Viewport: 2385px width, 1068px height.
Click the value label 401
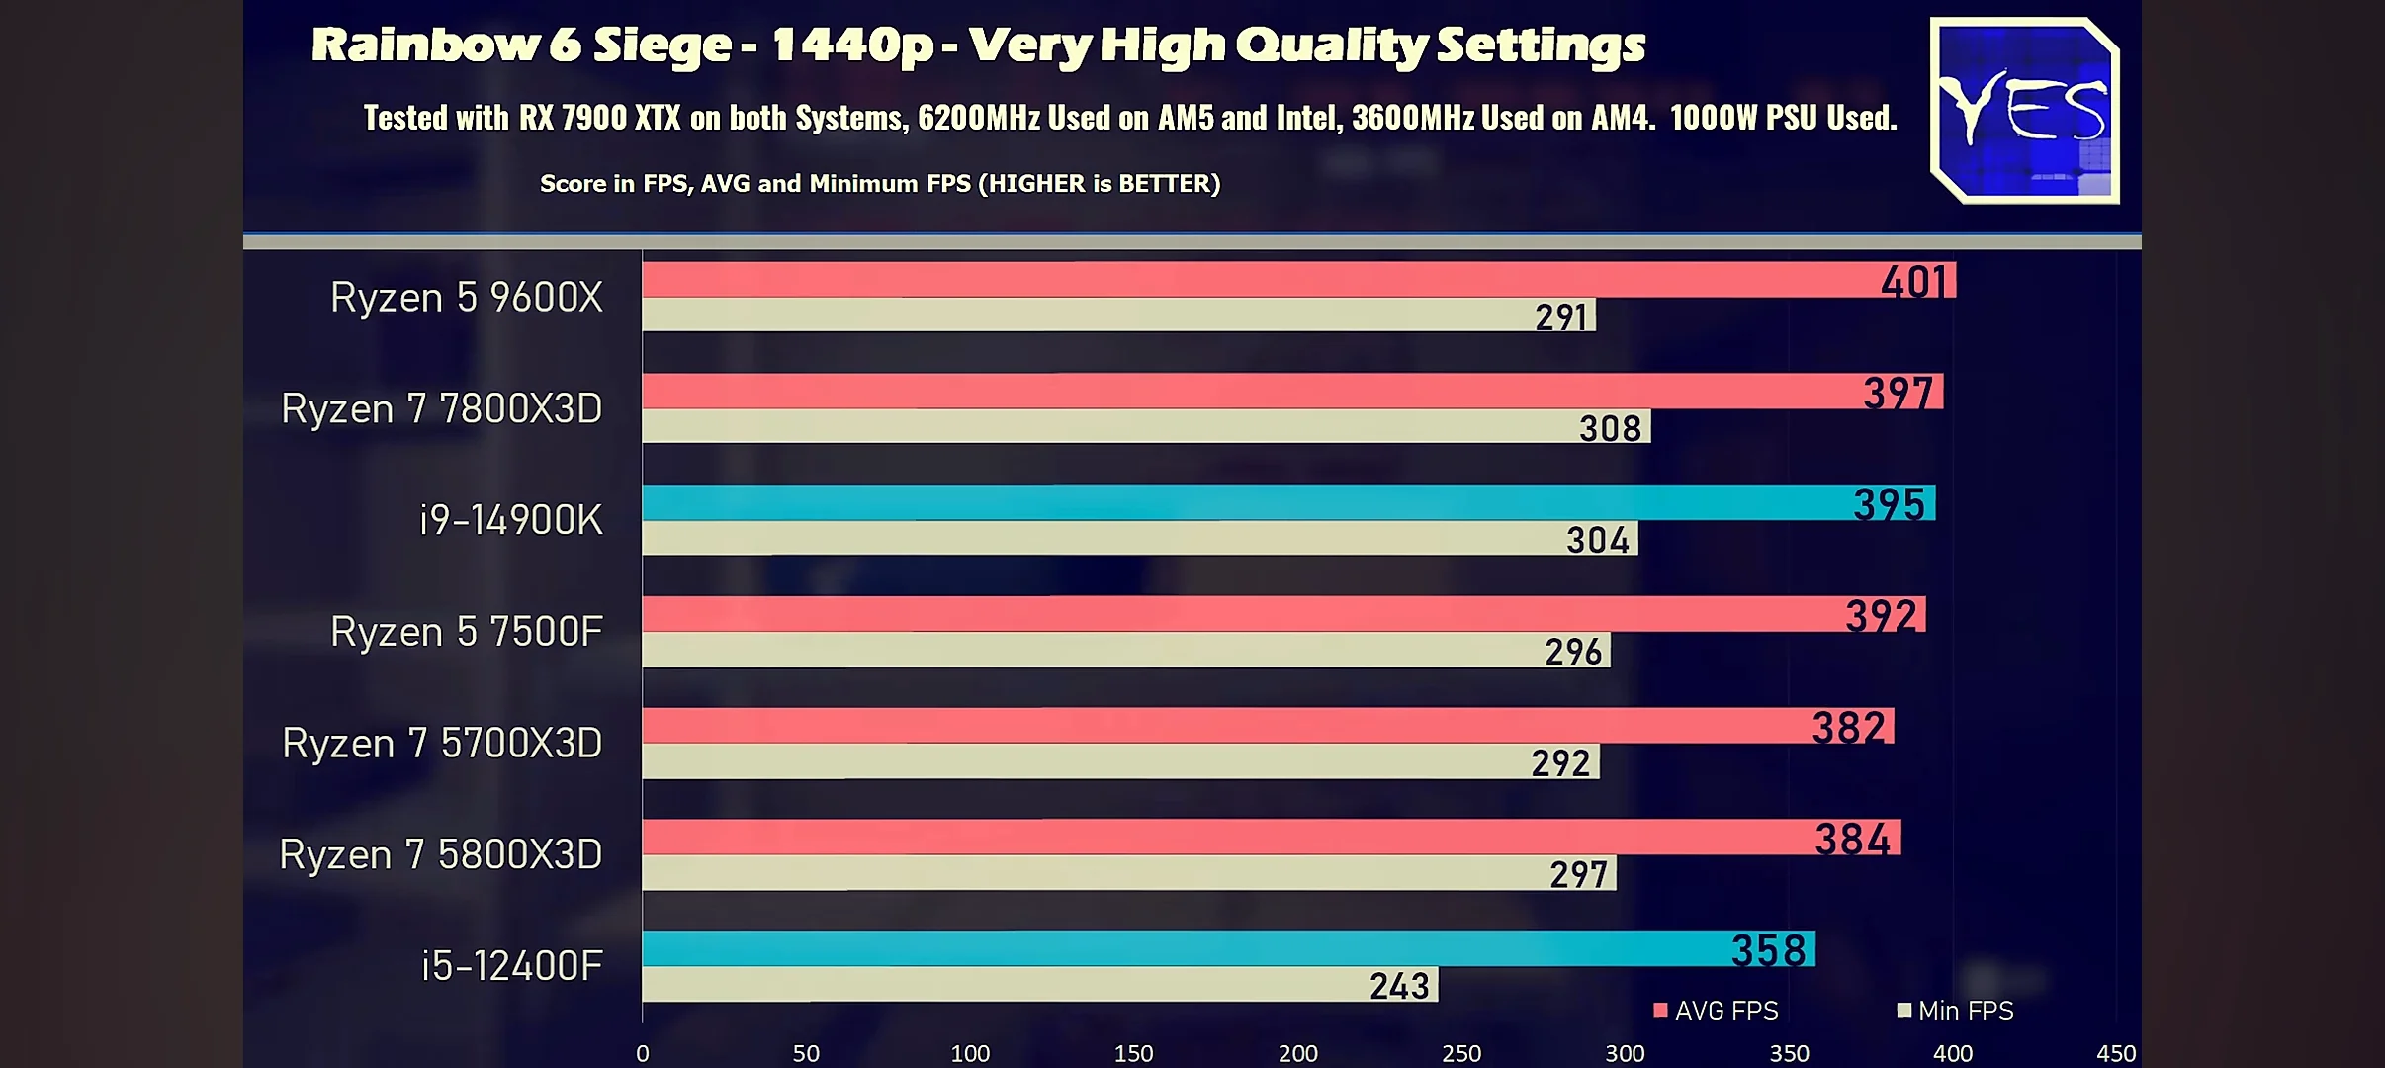[x=1913, y=282]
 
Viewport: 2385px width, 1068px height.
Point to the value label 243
[x=1399, y=986]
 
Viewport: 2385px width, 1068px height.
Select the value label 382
[x=1848, y=728]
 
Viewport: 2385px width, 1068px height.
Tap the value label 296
[x=1573, y=652]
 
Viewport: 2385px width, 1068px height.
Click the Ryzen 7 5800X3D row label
[x=440, y=854]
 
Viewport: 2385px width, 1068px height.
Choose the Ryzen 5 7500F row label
[x=466, y=632]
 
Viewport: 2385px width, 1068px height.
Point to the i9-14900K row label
[x=510, y=520]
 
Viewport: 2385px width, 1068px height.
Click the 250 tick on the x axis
[x=1461, y=1054]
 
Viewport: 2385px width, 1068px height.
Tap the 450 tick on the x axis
[x=2116, y=1054]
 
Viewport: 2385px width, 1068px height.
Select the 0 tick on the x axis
[x=643, y=1054]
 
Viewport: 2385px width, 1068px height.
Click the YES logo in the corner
[x=2024, y=111]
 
